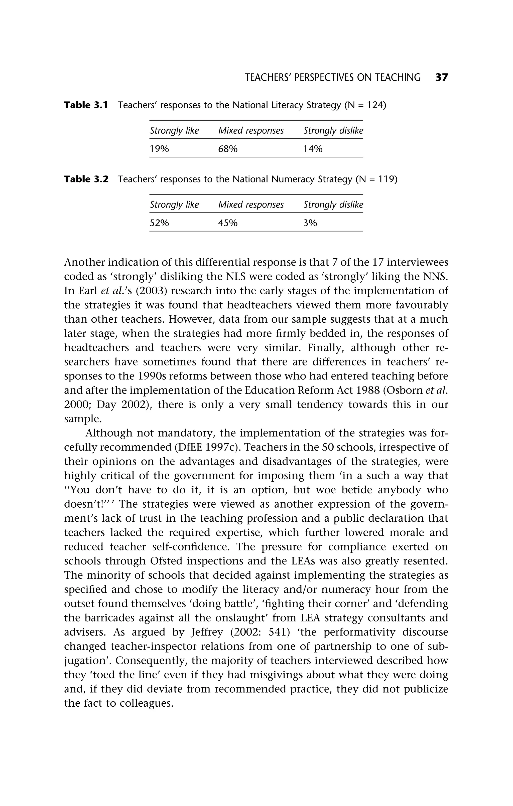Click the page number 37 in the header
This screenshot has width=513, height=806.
click(441, 78)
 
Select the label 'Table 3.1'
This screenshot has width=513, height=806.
click(86, 105)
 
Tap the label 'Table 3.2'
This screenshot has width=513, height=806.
click(86, 179)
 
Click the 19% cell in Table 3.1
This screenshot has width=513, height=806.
click(159, 149)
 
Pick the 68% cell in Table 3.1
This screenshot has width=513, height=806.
click(228, 149)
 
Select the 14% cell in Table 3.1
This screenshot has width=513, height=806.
click(313, 149)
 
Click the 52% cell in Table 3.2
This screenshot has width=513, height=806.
click(159, 223)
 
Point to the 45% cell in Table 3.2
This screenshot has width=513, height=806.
click(228, 223)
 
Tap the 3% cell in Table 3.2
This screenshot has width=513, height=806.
click(310, 223)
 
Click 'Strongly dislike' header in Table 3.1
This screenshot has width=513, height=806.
click(333, 131)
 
